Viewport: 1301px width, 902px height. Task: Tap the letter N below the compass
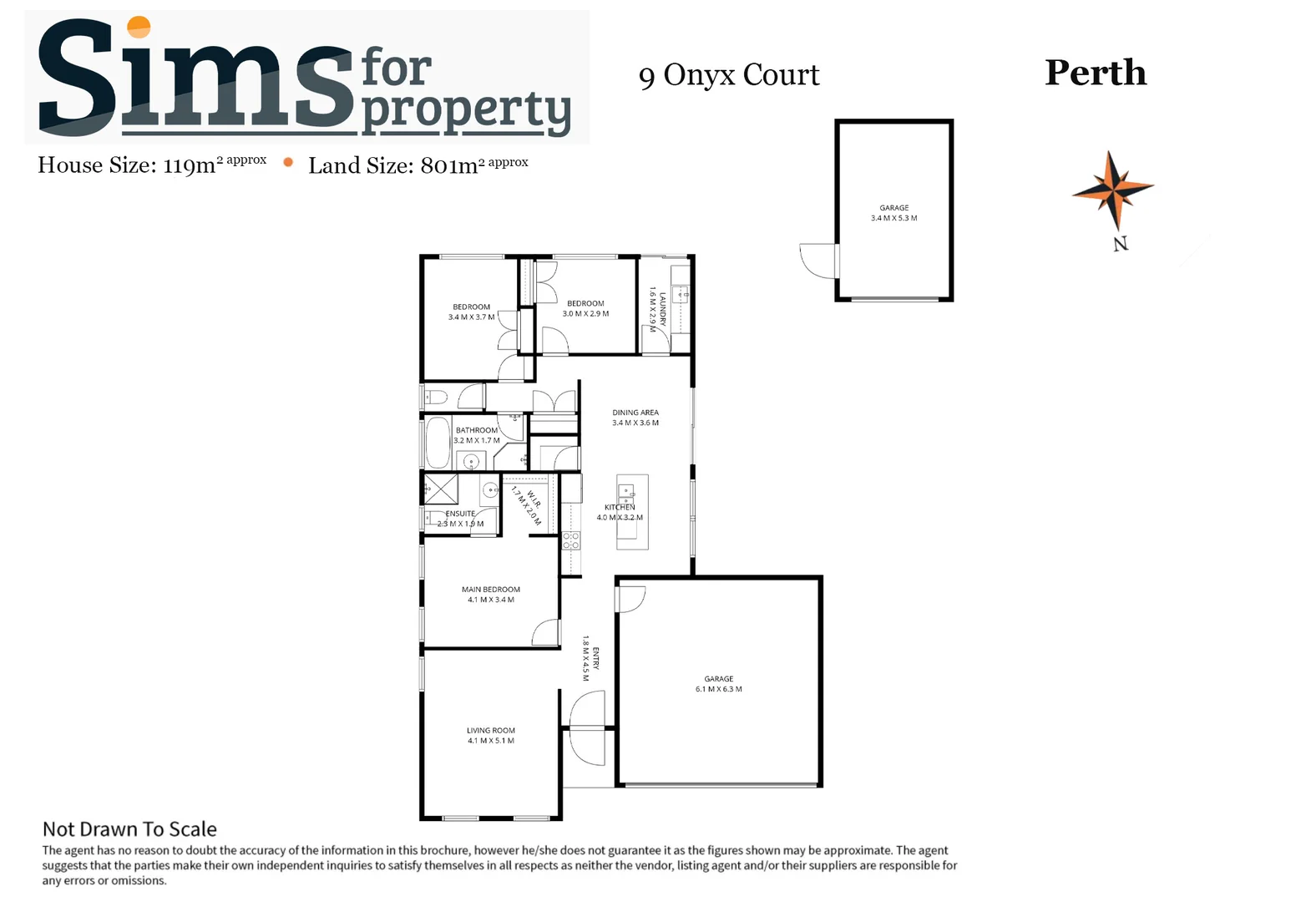1121,244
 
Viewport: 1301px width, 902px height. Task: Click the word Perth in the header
1096,73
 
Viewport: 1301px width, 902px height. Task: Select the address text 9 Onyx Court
729,75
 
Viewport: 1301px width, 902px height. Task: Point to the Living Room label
491,731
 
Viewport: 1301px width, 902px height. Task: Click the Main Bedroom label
491,590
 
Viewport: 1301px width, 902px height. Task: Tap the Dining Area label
635,413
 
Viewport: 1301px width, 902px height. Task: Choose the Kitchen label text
620,507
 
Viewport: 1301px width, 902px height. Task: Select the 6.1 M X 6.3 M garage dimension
718,689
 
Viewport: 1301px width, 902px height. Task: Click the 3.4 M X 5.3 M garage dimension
893,218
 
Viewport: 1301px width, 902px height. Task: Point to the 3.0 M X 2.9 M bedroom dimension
585,314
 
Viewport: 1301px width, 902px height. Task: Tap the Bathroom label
477,430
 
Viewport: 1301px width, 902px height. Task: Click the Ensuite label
460,514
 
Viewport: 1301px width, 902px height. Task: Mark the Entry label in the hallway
595,658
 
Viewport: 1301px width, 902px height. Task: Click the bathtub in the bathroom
438,443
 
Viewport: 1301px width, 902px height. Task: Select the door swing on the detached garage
818,261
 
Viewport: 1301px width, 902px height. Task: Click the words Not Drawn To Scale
129,829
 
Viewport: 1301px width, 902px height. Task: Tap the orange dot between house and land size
288,163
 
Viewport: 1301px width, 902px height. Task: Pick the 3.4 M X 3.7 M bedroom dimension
471,317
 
